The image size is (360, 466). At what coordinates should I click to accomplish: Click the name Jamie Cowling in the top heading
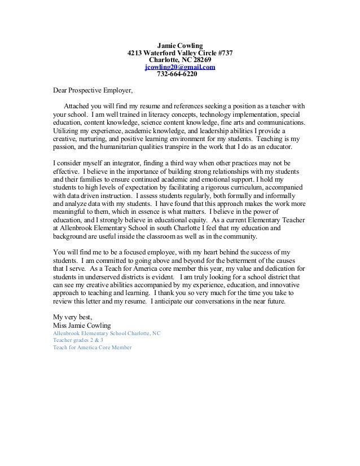(179, 45)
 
